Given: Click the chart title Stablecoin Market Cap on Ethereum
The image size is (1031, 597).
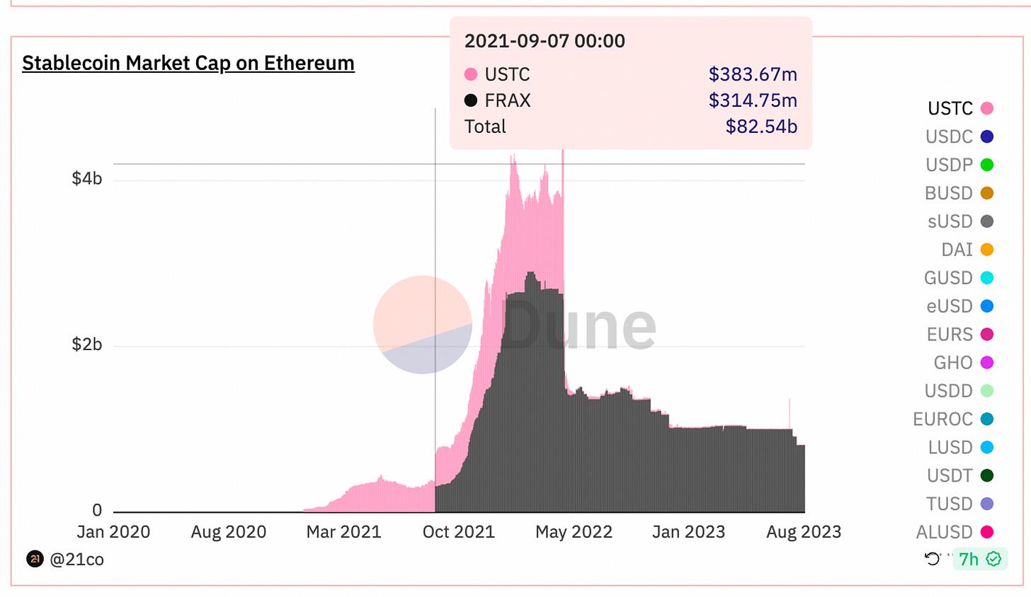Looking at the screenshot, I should pyautogui.click(x=188, y=63).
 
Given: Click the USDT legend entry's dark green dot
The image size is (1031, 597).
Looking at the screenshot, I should pyautogui.click(x=986, y=476).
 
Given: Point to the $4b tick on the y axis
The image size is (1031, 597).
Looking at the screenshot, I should pyautogui.click(x=87, y=178).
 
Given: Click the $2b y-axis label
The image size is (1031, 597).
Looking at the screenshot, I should pyautogui.click(x=87, y=344).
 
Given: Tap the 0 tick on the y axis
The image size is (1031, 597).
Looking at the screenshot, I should pyautogui.click(x=97, y=510).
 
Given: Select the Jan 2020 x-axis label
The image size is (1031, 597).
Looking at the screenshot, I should pyautogui.click(x=113, y=532).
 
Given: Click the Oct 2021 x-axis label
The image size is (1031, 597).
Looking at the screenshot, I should pyautogui.click(x=458, y=532).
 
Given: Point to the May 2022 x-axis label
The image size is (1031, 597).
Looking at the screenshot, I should pyautogui.click(x=574, y=532).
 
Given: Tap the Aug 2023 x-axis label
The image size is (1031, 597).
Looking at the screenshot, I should pyautogui.click(x=804, y=532).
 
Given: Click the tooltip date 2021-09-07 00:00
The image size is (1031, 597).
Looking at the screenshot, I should pyautogui.click(x=545, y=41).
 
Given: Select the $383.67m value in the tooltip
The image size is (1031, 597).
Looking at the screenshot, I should pyautogui.click(x=753, y=74).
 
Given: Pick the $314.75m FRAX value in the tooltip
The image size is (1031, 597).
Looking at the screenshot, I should pyautogui.click(x=753, y=100).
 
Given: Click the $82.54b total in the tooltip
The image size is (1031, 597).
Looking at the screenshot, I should pyautogui.click(x=761, y=127).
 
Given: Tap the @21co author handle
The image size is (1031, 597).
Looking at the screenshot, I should pyautogui.click(x=76, y=560).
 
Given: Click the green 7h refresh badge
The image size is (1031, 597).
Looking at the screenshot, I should pyautogui.click(x=979, y=560).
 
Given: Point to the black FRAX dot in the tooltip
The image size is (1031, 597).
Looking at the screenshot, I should pyautogui.click(x=471, y=100).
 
